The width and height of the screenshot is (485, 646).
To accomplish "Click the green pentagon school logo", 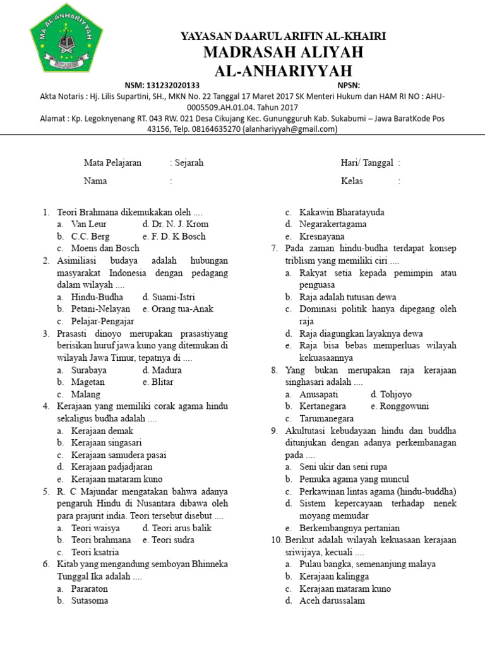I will pos(65,38).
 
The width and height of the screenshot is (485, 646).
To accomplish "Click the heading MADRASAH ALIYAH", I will pos(283,52).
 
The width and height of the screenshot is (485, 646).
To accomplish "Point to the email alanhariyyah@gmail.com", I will pos(290,129).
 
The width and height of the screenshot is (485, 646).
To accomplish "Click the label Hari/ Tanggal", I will pos(367,163).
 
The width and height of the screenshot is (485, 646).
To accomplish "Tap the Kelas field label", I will pos(352,181).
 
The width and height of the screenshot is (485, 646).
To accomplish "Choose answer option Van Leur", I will pos(89,224).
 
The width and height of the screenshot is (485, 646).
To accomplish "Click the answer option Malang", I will pos(86,394).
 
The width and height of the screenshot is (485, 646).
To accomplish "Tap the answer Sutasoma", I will pos(90,601).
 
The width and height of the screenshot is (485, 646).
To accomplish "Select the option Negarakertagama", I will pos(333,224).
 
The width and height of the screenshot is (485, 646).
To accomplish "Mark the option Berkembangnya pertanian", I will pos(349,528).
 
